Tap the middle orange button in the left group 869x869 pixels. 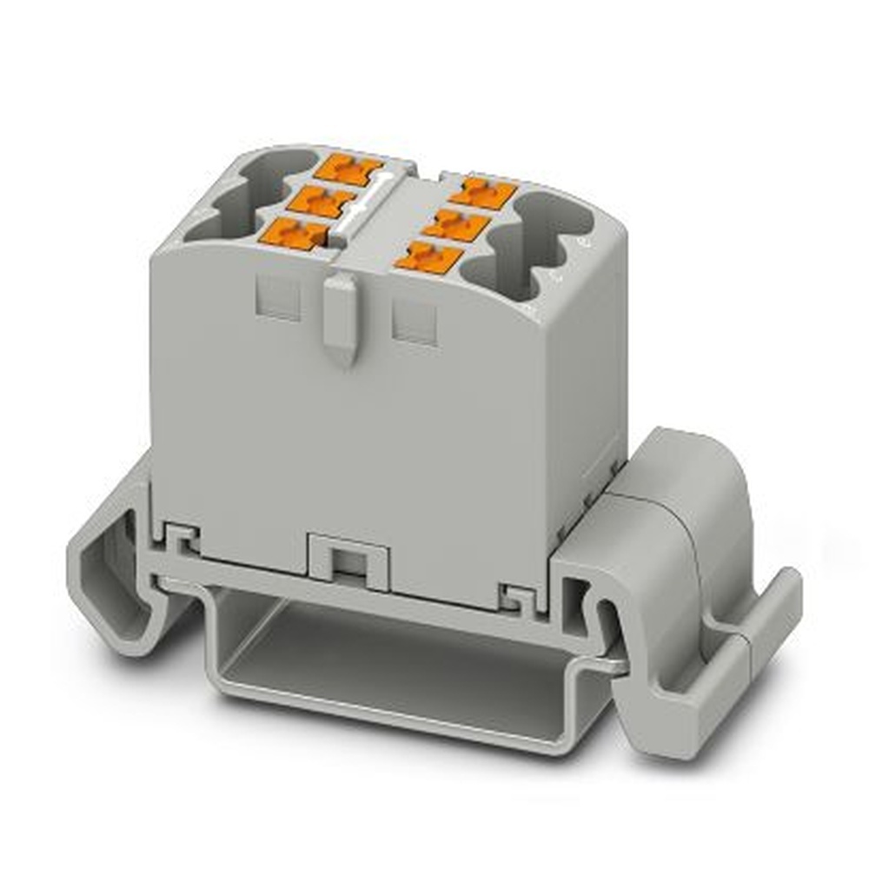[323, 201]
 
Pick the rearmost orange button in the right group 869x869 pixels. [483, 190]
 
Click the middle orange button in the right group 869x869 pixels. [456, 222]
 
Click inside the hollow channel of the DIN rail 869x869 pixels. [391, 660]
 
